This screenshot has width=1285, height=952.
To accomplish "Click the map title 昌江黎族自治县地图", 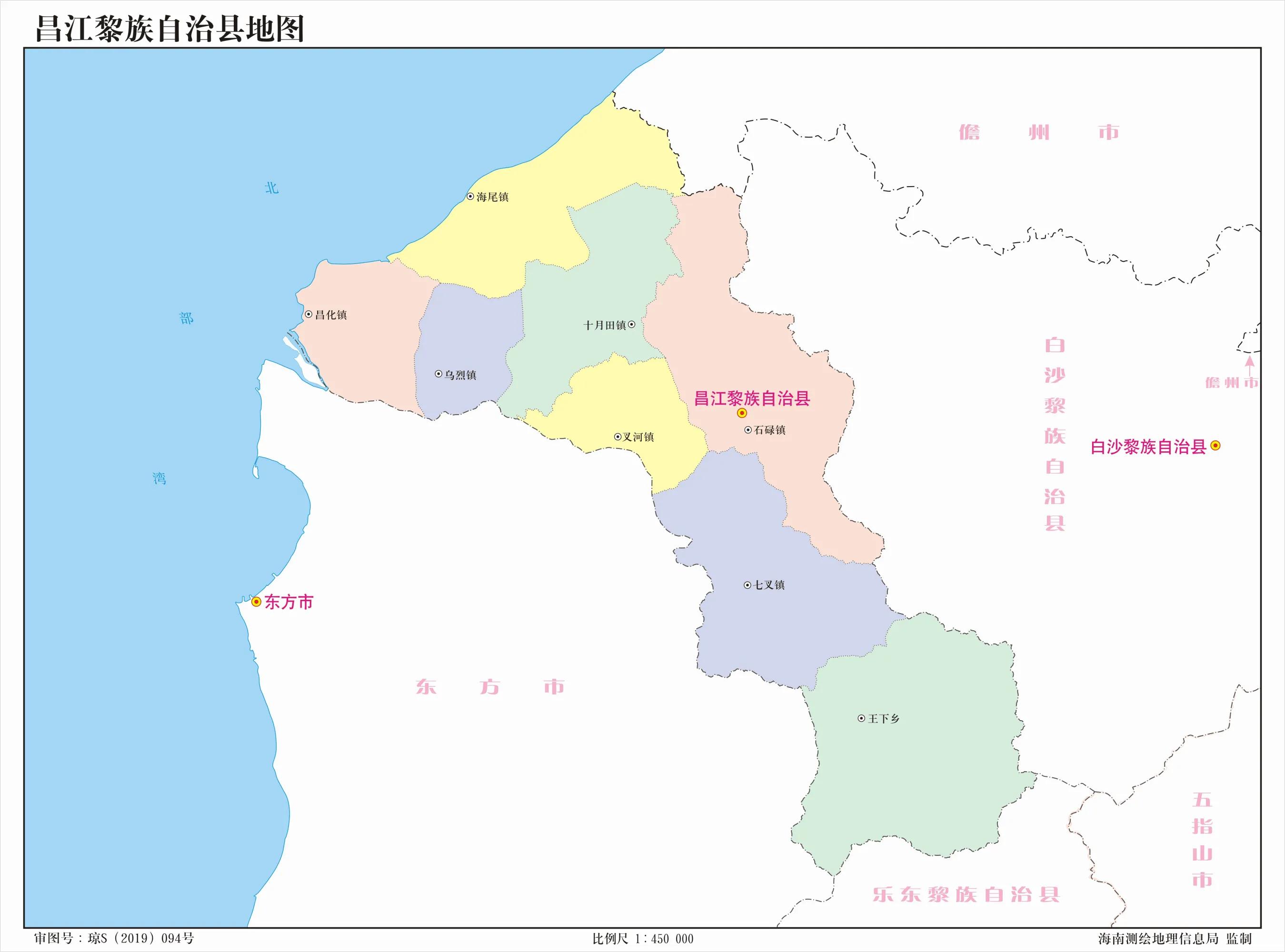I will point(170,29).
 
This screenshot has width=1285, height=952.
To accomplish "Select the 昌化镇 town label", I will point(331,315).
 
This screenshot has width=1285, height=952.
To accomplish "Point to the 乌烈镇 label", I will point(460,375).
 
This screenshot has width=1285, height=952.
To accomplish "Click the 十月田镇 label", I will point(605,326).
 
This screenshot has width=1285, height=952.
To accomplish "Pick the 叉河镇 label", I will point(638,437).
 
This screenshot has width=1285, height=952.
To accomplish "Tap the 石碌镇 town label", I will point(769,430).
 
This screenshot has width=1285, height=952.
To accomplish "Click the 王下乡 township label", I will point(883,719).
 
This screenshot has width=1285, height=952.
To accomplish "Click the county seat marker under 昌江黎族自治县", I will point(742,413).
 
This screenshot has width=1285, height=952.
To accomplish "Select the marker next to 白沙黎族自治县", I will point(1215,446).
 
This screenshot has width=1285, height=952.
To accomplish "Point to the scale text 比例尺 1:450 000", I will point(643,939).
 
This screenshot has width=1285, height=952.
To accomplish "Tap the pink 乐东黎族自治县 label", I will point(966,894).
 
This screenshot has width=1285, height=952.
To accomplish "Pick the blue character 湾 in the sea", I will point(159,478).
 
